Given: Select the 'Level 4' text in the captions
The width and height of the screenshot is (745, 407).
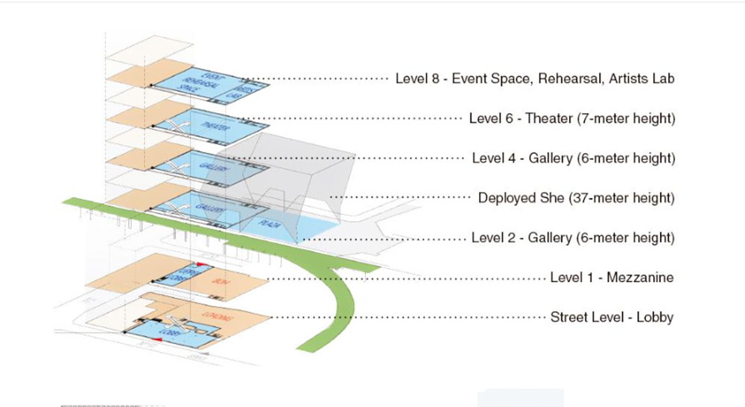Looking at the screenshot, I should pos(494,158).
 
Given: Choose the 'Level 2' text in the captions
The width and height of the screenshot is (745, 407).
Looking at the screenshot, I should pos(493,238).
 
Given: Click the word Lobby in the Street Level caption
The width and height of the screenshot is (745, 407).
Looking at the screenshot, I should pos(656,318).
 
